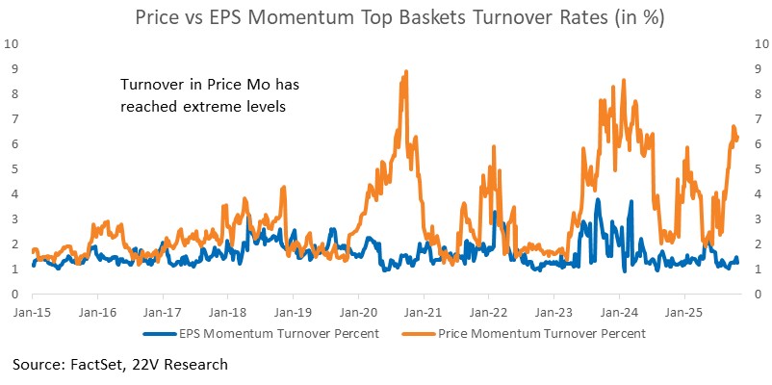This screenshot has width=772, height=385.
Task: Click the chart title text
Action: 385,16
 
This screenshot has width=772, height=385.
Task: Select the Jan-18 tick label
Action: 226,312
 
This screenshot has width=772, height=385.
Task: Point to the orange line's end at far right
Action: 736,140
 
